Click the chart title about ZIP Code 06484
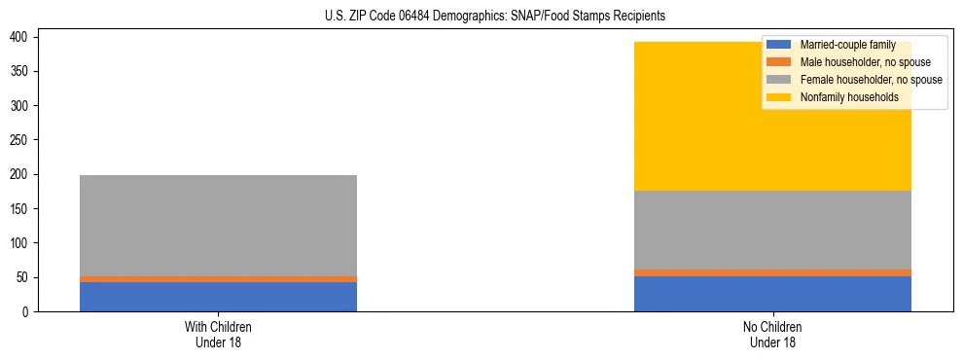[x=495, y=17]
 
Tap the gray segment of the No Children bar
[x=772, y=230]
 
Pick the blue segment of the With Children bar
[x=218, y=297]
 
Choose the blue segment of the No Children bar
[x=772, y=294]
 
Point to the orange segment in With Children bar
[x=218, y=279]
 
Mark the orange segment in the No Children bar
[x=772, y=272]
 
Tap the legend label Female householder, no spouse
[x=871, y=80]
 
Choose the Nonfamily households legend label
[x=848, y=97]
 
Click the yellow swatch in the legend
[x=779, y=97]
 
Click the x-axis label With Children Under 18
[x=218, y=334]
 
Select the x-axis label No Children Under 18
[x=772, y=334]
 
